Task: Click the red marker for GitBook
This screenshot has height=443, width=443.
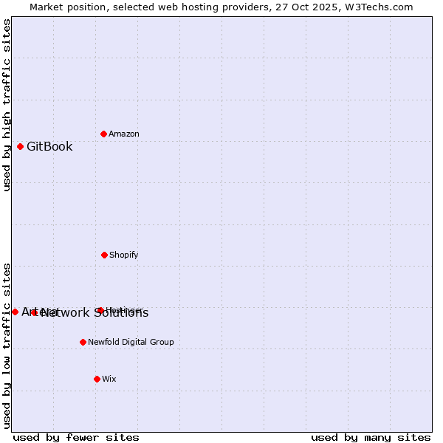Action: (20, 146)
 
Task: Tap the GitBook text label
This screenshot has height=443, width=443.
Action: (49, 146)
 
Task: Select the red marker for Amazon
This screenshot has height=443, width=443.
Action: (103, 134)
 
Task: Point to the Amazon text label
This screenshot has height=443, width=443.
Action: (124, 134)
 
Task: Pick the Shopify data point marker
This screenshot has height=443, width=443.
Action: (104, 255)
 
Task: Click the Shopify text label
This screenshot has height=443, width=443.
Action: (123, 255)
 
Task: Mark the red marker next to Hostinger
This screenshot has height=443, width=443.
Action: (100, 310)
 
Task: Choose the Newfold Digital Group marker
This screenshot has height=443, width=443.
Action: (83, 342)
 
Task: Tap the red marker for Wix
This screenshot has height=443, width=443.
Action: (97, 379)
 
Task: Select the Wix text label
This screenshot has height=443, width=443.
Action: (109, 379)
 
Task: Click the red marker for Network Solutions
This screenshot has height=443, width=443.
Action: (34, 312)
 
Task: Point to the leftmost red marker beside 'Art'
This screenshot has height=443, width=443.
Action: (15, 312)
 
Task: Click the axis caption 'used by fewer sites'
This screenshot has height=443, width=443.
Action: (76, 437)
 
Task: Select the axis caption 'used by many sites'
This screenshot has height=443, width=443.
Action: (371, 437)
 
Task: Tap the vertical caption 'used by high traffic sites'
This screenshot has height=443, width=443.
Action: (7, 105)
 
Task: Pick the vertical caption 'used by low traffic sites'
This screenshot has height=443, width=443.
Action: (7, 346)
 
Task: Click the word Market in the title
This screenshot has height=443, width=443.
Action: (48, 7)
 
